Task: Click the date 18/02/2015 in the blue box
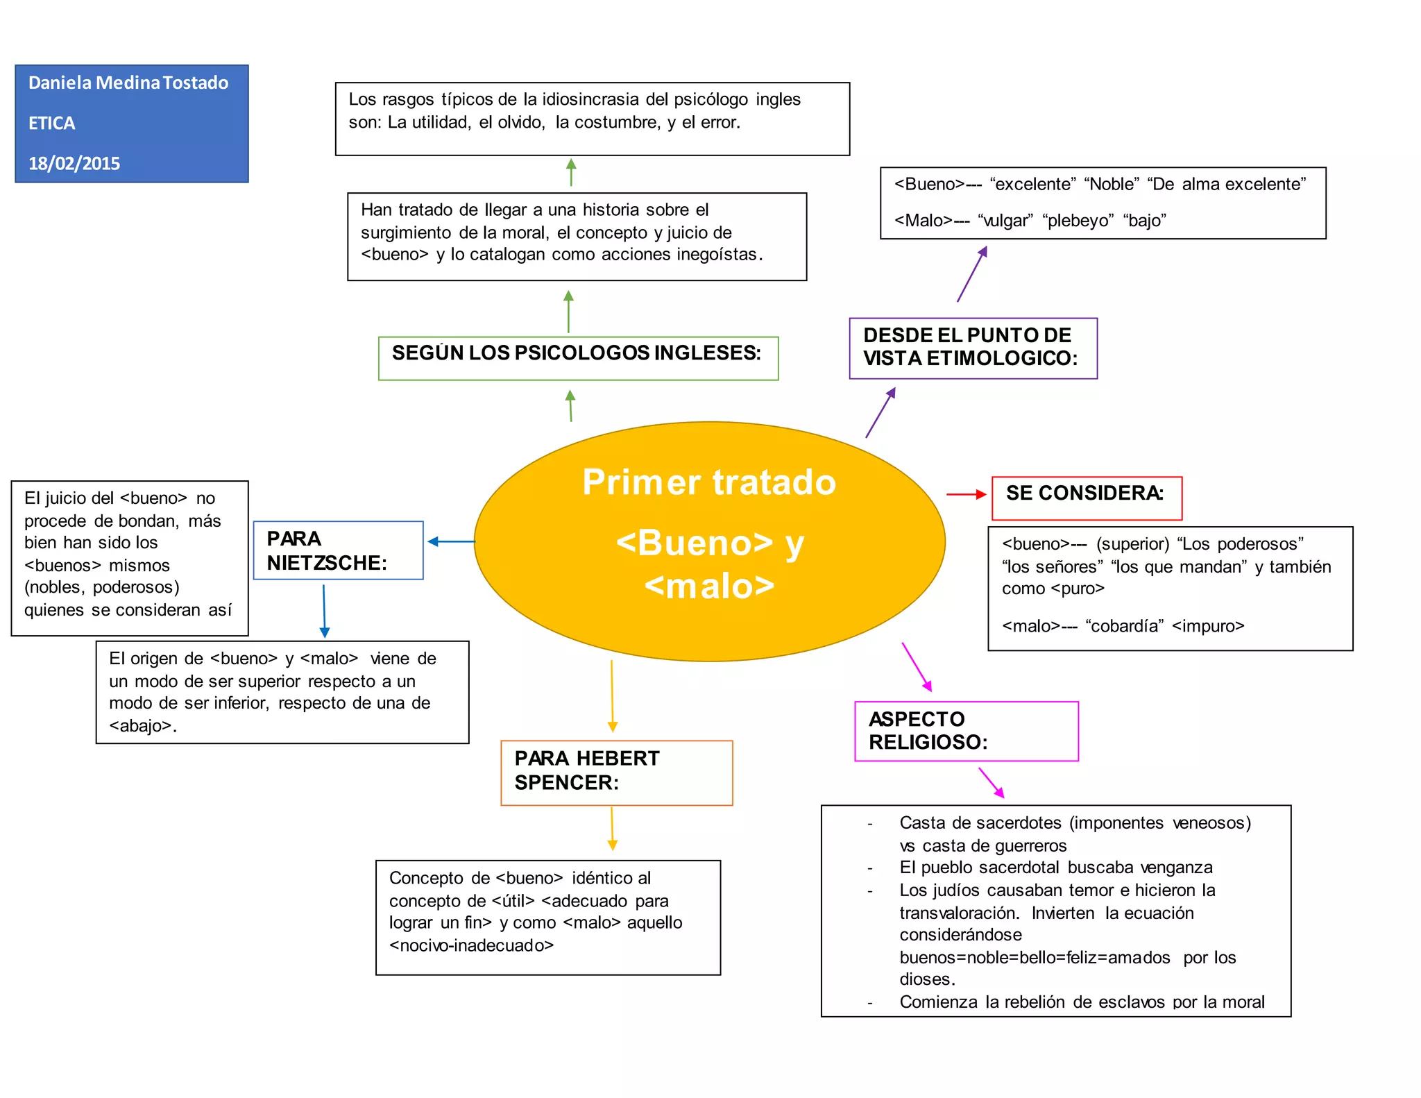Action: [x=74, y=163]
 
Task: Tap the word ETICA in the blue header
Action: [x=52, y=123]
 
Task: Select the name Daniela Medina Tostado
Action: [x=128, y=83]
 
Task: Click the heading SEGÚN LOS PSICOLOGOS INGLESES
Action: [x=577, y=354]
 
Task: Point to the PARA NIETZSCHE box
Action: [x=338, y=550]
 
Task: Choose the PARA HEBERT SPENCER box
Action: [x=616, y=772]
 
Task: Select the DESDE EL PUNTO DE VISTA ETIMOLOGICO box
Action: [x=973, y=348]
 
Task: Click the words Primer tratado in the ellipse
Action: [x=709, y=482]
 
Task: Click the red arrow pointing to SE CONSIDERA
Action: [x=966, y=494]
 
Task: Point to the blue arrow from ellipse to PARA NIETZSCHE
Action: [x=451, y=541]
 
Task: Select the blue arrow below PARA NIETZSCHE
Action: [x=324, y=611]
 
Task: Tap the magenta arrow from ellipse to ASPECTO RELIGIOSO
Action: [x=917, y=666]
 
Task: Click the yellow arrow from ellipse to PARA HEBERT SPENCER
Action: [x=612, y=696]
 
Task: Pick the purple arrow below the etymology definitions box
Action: [x=971, y=274]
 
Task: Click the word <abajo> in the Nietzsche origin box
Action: [x=141, y=726]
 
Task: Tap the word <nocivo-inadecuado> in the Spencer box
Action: [x=471, y=945]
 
